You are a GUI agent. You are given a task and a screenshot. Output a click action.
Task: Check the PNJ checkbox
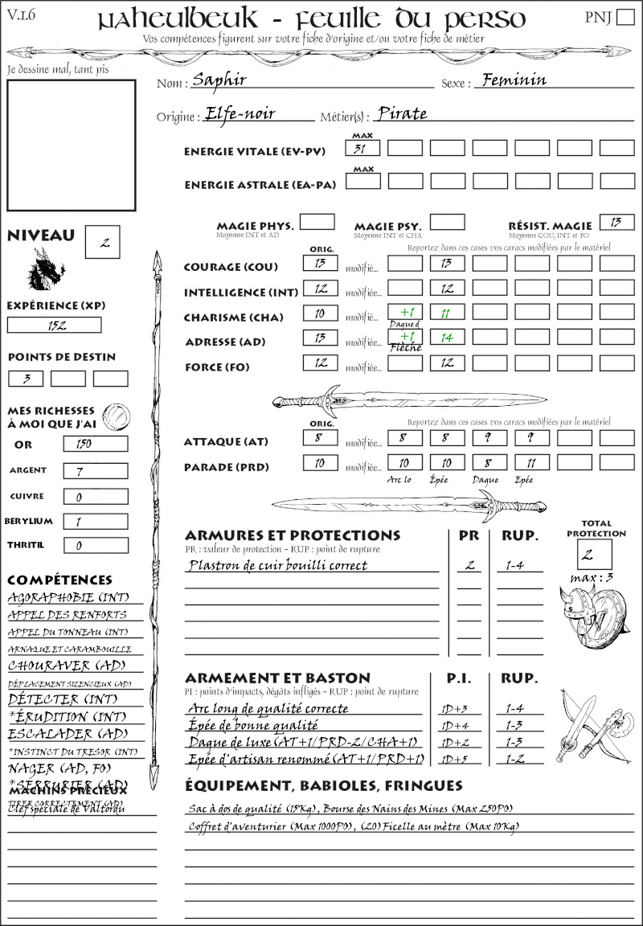pyautogui.click(x=625, y=18)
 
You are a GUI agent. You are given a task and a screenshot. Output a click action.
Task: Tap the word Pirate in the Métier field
pyautogui.click(x=402, y=113)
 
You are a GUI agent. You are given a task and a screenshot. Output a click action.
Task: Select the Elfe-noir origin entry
pyautogui.click(x=240, y=113)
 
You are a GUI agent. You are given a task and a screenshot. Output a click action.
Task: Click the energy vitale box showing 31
pyautogui.click(x=362, y=148)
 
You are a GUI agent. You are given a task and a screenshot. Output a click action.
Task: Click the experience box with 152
pyautogui.click(x=55, y=325)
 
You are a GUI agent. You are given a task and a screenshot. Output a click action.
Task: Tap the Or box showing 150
pyautogui.click(x=95, y=444)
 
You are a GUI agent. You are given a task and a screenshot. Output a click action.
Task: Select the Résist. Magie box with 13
pyautogui.click(x=616, y=222)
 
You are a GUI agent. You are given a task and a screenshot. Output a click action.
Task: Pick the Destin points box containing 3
pyautogui.click(x=26, y=379)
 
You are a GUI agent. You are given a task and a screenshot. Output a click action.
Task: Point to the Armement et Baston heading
pyautogui.click(x=277, y=678)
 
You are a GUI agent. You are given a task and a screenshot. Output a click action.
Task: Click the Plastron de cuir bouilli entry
pyautogui.click(x=277, y=565)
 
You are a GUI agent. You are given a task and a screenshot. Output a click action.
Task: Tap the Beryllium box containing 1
pyautogui.click(x=95, y=521)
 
